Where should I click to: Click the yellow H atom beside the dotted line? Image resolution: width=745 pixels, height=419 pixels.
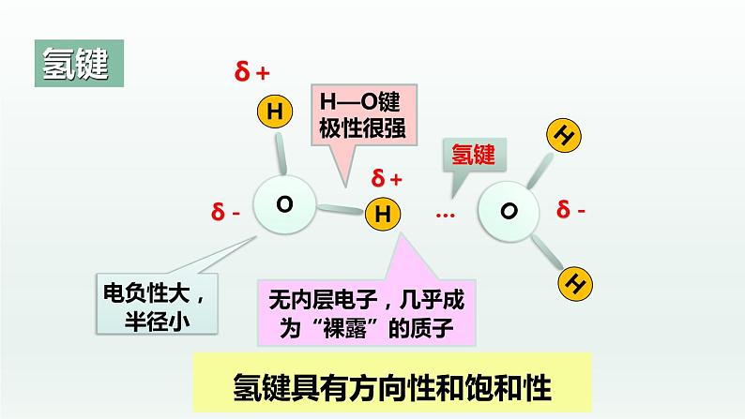pyautogui.click(x=382, y=215)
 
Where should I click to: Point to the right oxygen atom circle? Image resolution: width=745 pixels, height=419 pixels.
pyautogui.click(x=508, y=211)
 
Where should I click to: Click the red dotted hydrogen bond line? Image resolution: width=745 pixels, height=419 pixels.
pyautogui.click(x=445, y=216)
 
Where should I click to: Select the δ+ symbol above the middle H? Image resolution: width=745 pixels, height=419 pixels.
pyautogui.click(x=387, y=178)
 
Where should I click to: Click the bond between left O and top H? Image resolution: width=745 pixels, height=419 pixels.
pyautogui.click(x=280, y=150)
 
